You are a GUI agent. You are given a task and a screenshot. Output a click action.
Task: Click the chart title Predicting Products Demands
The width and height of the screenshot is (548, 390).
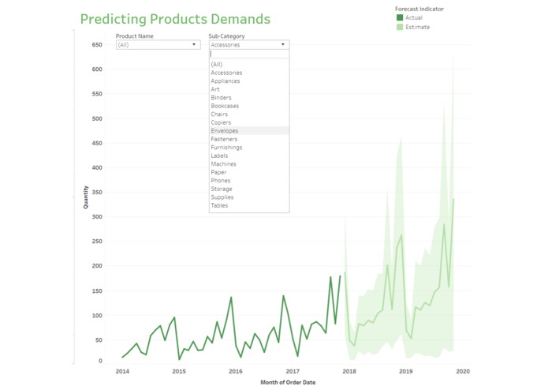tap(175, 19)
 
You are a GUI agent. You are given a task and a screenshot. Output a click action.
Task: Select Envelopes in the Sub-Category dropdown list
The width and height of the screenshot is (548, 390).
tap(225, 131)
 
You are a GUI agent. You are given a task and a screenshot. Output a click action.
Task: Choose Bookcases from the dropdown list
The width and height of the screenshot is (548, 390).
tap(225, 106)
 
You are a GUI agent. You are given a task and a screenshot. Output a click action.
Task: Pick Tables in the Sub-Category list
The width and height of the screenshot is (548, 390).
tap(219, 205)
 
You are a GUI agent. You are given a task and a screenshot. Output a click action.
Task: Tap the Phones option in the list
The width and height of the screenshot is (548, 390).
tap(222, 181)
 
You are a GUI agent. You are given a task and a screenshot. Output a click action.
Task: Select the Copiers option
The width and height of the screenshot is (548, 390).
tap(221, 122)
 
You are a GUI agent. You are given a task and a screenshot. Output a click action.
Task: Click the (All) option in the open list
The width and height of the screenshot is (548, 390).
tap(217, 65)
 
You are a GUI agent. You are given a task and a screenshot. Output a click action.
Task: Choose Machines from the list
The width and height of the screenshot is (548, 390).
tap(223, 164)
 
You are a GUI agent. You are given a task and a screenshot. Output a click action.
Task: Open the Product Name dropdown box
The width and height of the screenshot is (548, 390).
tap(158, 45)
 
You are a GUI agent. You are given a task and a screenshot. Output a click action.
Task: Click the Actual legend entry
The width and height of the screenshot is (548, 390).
tap(413, 17)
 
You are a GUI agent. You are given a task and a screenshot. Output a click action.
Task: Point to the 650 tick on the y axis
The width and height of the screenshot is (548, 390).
tap(97, 45)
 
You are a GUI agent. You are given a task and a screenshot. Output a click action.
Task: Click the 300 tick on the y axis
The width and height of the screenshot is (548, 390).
tap(97, 216)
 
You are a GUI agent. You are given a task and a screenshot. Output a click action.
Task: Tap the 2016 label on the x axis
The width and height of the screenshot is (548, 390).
tap(236, 371)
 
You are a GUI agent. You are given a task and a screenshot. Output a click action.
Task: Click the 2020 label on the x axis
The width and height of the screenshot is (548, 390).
tap(463, 371)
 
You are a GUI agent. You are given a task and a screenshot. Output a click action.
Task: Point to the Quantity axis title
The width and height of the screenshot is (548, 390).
tap(86, 197)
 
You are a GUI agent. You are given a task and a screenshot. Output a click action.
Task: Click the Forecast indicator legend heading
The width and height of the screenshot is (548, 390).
tap(419, 9)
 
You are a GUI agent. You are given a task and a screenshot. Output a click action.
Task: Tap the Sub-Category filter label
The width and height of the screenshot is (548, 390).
tap(226, 36)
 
